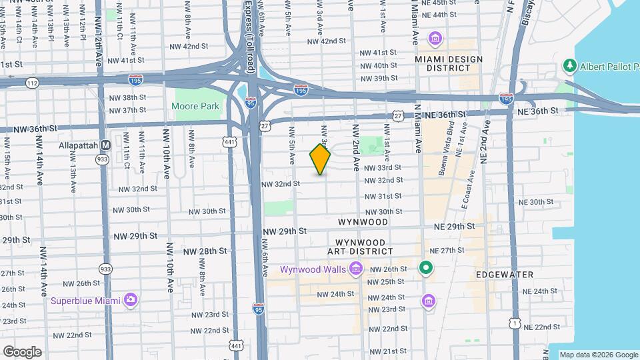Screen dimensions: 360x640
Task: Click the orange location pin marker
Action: pyautogui.click(x=320, y=159)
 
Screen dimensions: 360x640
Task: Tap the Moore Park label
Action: pyautogui.click(x=195, y=106)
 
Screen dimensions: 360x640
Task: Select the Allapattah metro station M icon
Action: pyautogui.click(x=105, y=145)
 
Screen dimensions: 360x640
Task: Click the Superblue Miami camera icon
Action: pyautogui.click(x=131, y=299)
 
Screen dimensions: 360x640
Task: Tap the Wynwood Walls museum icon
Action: pyautogui.click(x=356, y=269)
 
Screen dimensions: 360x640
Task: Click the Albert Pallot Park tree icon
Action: pyautogui.click(x=569, y=65)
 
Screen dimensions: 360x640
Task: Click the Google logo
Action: pyautogui.click(x=21, y=351)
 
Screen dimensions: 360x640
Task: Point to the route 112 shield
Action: pyautogui.click(x=32, y=83)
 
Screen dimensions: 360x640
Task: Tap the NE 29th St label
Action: pyautogui.click(x=452, y=227)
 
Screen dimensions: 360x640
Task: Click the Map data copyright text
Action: pyautogui.click(x=599, y=354)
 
